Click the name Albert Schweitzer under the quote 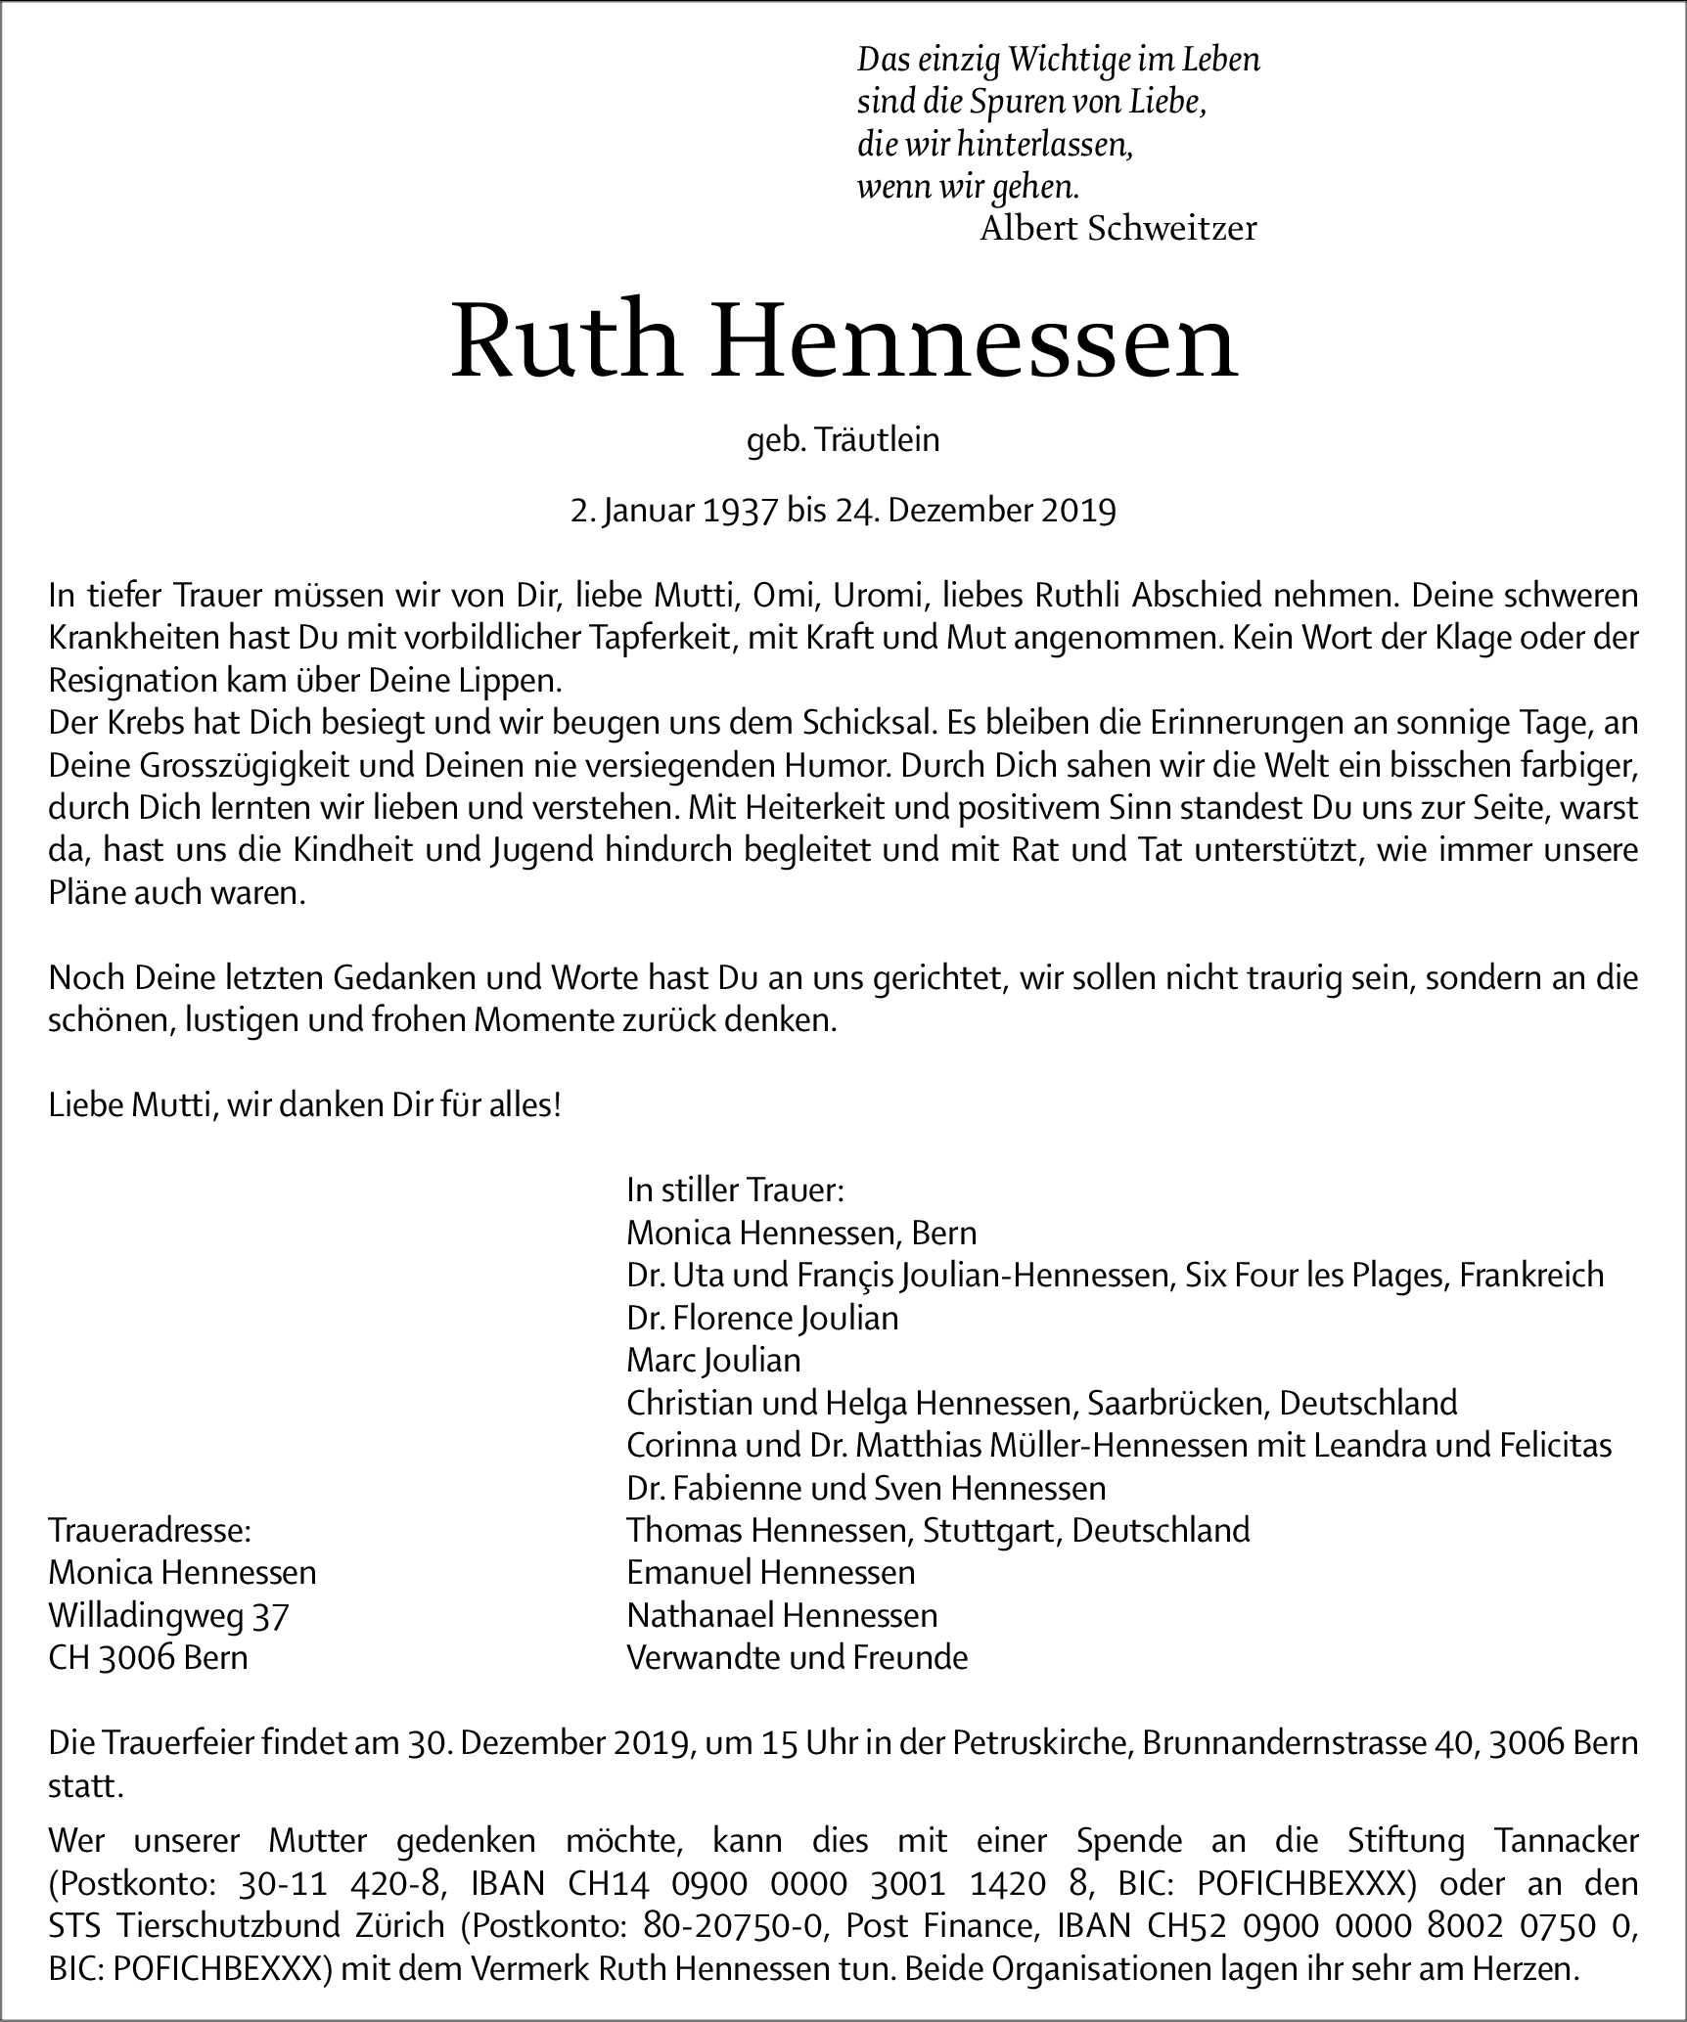pyautogui.click(x=1117, y=229)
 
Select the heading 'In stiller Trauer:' pyautogui.click(x=735, y=1191)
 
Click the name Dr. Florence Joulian pyautogui.click(x=762, y=1318)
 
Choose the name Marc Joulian pyautogui.click(x=713, y=1360)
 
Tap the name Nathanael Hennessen pyautogui.click(x=782, y=1614)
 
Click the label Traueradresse pyautogui.click(x=150, y=1530)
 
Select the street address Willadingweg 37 pyautogui.click(x=168, y=1614)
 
